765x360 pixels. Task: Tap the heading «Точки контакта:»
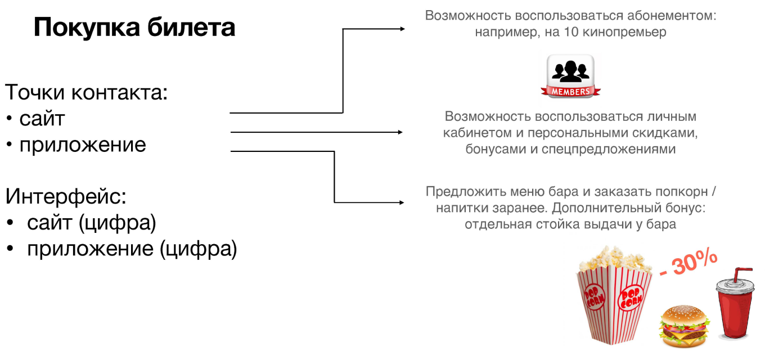(87, 92)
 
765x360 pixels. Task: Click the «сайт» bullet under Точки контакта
(42, 119)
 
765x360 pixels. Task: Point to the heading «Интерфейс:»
(66, 196)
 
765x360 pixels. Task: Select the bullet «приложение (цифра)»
(132, 249)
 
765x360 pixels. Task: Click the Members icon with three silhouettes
(570, 76)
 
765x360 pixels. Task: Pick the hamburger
(684, 327)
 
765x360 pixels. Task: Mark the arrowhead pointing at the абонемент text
(402, 29)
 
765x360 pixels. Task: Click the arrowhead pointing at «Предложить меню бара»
(402, 202)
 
